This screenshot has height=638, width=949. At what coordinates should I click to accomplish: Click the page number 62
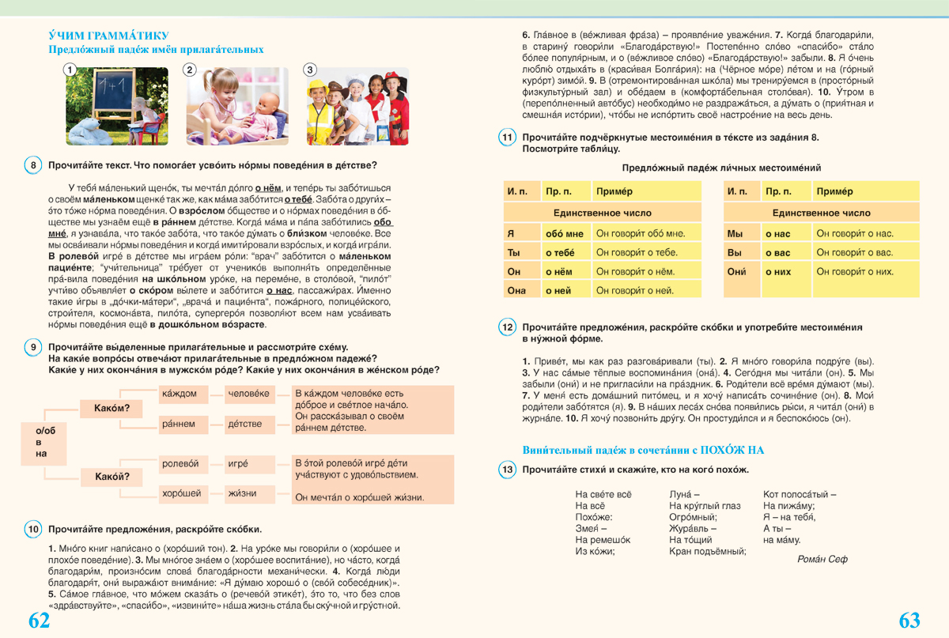click(x=39, y=620)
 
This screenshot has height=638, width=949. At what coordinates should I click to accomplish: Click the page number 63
click(x=909, y=620)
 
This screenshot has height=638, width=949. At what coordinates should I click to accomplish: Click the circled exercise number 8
click(x=33, y=165)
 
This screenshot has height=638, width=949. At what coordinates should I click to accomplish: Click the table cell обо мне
click(x=565, y=233)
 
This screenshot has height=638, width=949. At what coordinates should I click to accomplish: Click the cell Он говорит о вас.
click(x=865, y=252)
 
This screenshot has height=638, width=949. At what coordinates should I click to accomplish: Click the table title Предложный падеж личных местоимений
click(x=721, y=168)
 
